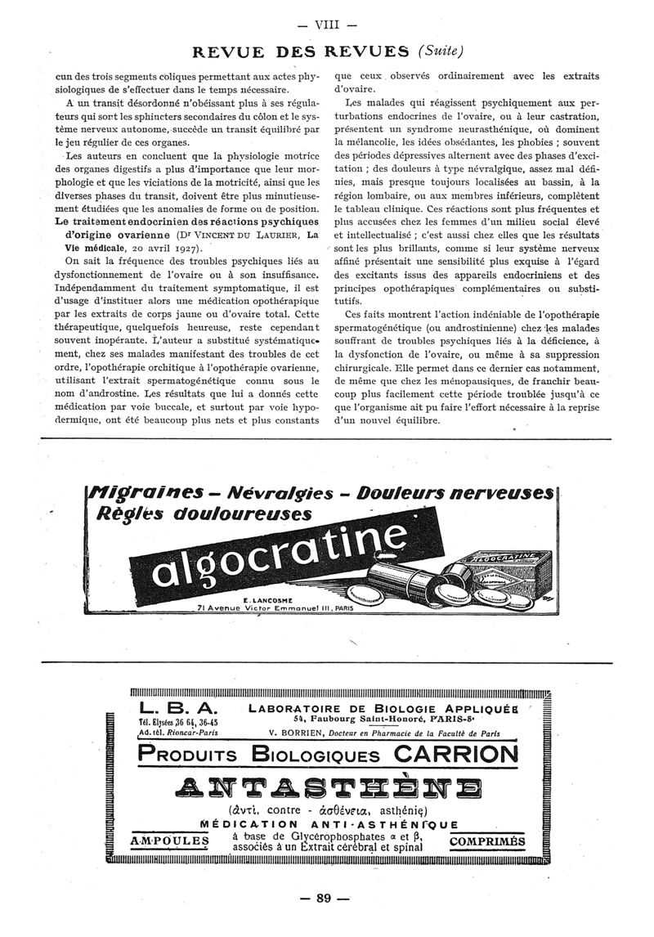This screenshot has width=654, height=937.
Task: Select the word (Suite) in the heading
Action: (441, 51)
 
